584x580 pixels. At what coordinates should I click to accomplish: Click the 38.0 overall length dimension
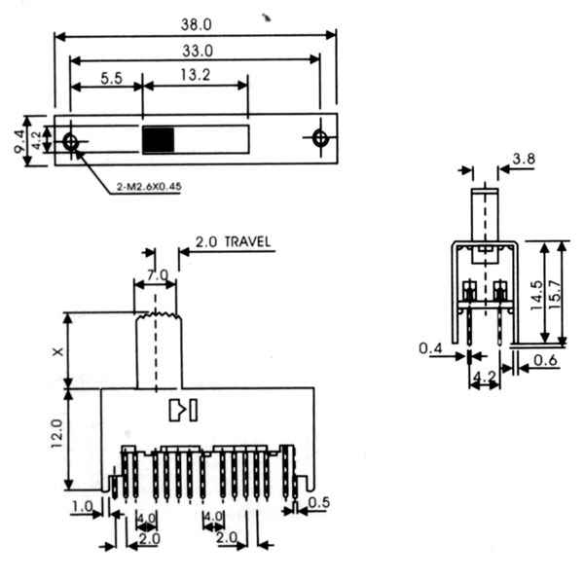197,24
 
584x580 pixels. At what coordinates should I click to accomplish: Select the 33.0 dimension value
198,51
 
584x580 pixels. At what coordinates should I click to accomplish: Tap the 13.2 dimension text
196,75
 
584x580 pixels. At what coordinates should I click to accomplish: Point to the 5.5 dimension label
112,78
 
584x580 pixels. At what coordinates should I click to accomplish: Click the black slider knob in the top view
159,140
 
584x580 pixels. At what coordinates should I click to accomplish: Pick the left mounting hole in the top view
70,142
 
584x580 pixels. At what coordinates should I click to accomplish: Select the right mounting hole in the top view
320,138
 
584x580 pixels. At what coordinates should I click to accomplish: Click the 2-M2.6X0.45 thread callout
149,187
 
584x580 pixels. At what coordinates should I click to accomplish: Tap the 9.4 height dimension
19,141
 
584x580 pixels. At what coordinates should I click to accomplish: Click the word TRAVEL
247,242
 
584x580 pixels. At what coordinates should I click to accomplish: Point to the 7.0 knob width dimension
158,275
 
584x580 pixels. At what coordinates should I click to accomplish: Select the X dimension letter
58,351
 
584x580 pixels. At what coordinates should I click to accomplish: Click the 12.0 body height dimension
56,434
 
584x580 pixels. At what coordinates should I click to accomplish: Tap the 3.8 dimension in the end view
524,159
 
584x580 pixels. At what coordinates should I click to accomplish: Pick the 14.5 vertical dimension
536,295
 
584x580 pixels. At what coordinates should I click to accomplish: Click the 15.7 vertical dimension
555,294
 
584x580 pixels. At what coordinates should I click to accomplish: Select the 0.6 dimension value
545,360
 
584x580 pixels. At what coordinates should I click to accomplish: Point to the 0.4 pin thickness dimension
430,348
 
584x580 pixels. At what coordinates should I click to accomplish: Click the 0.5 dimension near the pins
319,502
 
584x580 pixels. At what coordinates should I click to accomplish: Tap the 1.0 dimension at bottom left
83,507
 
